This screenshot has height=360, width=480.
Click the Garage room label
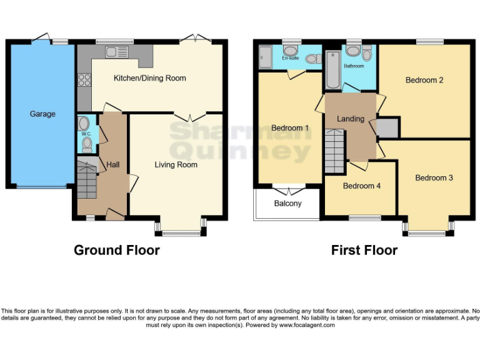(x=42, y=114)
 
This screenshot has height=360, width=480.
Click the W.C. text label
(x=86, y=133)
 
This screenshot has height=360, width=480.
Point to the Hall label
(x=113, y=164)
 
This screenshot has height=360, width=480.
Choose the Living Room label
(x=176, y=165)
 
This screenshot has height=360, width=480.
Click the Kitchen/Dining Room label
(x=149, y=79)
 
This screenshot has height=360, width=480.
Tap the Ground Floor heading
(x=117, y=250)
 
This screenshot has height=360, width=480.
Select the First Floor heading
(x=364, y=250)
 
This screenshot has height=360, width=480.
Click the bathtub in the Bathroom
(x=331, y=71)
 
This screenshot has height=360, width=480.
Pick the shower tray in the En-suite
(x=264, y=57)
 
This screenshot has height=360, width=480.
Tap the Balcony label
(x=287, y=204)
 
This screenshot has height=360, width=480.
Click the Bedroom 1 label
(x=290, y=129)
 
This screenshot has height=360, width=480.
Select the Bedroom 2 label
(x=424, y=80)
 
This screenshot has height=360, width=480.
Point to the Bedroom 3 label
(x=434, y=178)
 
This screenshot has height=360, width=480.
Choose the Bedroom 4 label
(x=361, y=186)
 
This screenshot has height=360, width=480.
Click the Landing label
(x=350, y=119)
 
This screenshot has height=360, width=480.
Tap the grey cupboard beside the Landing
(x=387, y=127)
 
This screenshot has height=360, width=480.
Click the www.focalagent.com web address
(x=307, y=325)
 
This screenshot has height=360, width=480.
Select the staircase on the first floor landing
(x=334, y=151)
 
